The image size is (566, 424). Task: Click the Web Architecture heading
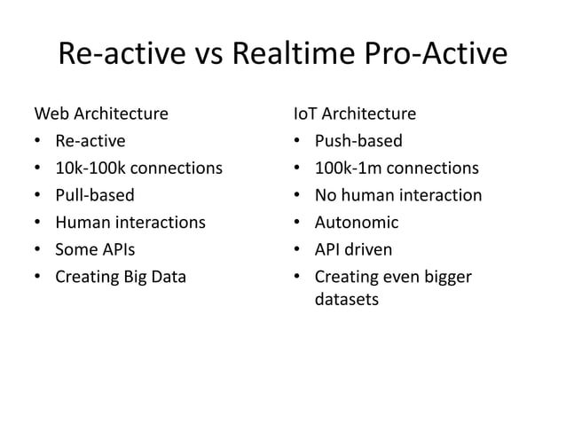tap(100, 114)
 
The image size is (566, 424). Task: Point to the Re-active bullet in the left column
tap(90, 141)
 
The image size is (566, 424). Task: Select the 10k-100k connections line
tap(138, 169)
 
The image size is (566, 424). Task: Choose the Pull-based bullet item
tap(95, 195)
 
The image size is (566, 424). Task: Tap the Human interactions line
tap(130, 223)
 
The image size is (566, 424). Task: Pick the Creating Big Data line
tap(121, 277)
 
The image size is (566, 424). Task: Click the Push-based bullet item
tap(358, 141)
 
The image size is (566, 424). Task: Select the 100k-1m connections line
tap(397, 169)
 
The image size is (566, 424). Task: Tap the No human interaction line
tap(398, 195)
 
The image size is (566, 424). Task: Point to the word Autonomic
tap(357, 223)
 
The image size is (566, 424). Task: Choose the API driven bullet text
tap(353, 249)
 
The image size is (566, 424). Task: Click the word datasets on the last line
tap(347, 300)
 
